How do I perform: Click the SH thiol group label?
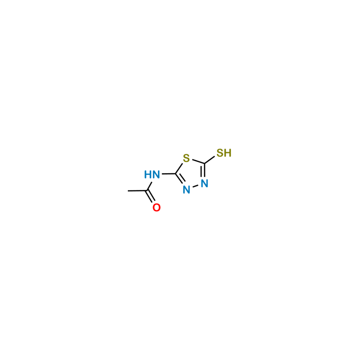coord(224,153)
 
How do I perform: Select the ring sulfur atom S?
coord(186,158)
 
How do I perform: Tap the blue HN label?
coord(152,175)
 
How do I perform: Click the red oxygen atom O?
coord(157,207)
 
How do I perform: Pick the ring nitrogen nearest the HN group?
coord(186,190)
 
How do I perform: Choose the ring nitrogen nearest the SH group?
coord(204,184)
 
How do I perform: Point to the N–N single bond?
coord(195,187)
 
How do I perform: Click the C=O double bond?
coord(150,197)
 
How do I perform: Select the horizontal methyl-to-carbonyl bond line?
coord(137,190)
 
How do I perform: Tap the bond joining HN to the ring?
coord(169,174)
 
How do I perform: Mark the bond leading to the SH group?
coord(209,160)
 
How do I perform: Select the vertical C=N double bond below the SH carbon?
coord(203,170)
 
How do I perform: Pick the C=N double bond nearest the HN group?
coord(180,178)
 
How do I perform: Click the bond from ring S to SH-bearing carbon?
coord(198,162)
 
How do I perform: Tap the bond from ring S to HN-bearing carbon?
coord(179,168)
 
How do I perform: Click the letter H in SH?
coord(228,153)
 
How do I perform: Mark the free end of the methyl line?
coord(128,190)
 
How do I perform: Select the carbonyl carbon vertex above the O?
coord(147,190)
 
